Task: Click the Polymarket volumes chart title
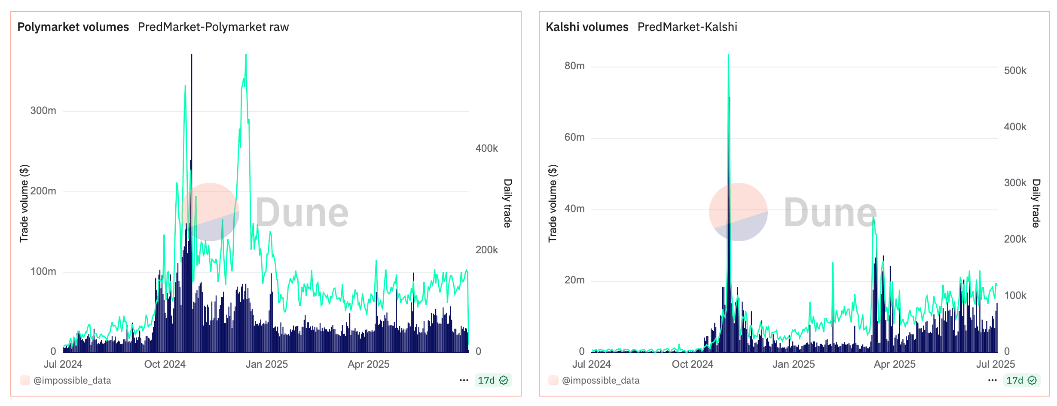click(73, 27)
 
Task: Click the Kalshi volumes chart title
click(587, 27)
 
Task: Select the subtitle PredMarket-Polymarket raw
click(213, 27)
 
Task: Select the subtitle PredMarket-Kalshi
click(687, 27)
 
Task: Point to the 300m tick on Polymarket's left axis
click(43, 111)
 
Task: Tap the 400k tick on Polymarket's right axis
click(486, 148)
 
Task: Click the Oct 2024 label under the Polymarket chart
click(165, 364)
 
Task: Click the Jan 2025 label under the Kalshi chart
click(793, 364)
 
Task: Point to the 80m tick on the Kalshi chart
click(574, 66)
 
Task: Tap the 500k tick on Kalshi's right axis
click(1015, 71)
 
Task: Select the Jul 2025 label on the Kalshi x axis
click(995, 364)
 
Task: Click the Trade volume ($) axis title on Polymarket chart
click(24, 203)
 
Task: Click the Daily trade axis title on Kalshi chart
click(1036, 203)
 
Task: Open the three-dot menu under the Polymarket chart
click(464, 380)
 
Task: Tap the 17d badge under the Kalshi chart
click(1021, 380)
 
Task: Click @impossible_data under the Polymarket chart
click(72, 380)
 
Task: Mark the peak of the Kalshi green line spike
click(728, 55)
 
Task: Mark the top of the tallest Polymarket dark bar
click(192, 55)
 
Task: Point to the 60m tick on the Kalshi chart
click(574, 137)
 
